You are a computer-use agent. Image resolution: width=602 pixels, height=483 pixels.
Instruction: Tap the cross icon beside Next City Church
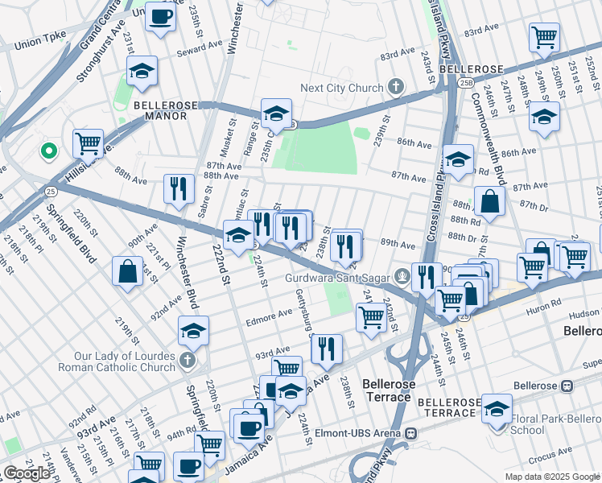coord(395,86)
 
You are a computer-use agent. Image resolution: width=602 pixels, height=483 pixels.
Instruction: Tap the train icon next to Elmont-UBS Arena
coord(410,434)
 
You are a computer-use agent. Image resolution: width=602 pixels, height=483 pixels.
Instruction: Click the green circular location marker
coord(48,150)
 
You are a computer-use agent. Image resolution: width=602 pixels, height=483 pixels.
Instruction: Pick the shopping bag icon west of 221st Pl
coord(128,271)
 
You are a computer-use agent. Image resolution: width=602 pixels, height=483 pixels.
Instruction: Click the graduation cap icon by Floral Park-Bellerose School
coord(497,408)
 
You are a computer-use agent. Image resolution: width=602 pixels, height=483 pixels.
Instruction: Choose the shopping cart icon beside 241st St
coord(371,316)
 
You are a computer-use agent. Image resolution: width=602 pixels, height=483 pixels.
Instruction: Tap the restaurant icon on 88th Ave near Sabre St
coord(179,188)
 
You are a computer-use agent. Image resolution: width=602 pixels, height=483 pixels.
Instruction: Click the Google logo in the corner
coord(27,473)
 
